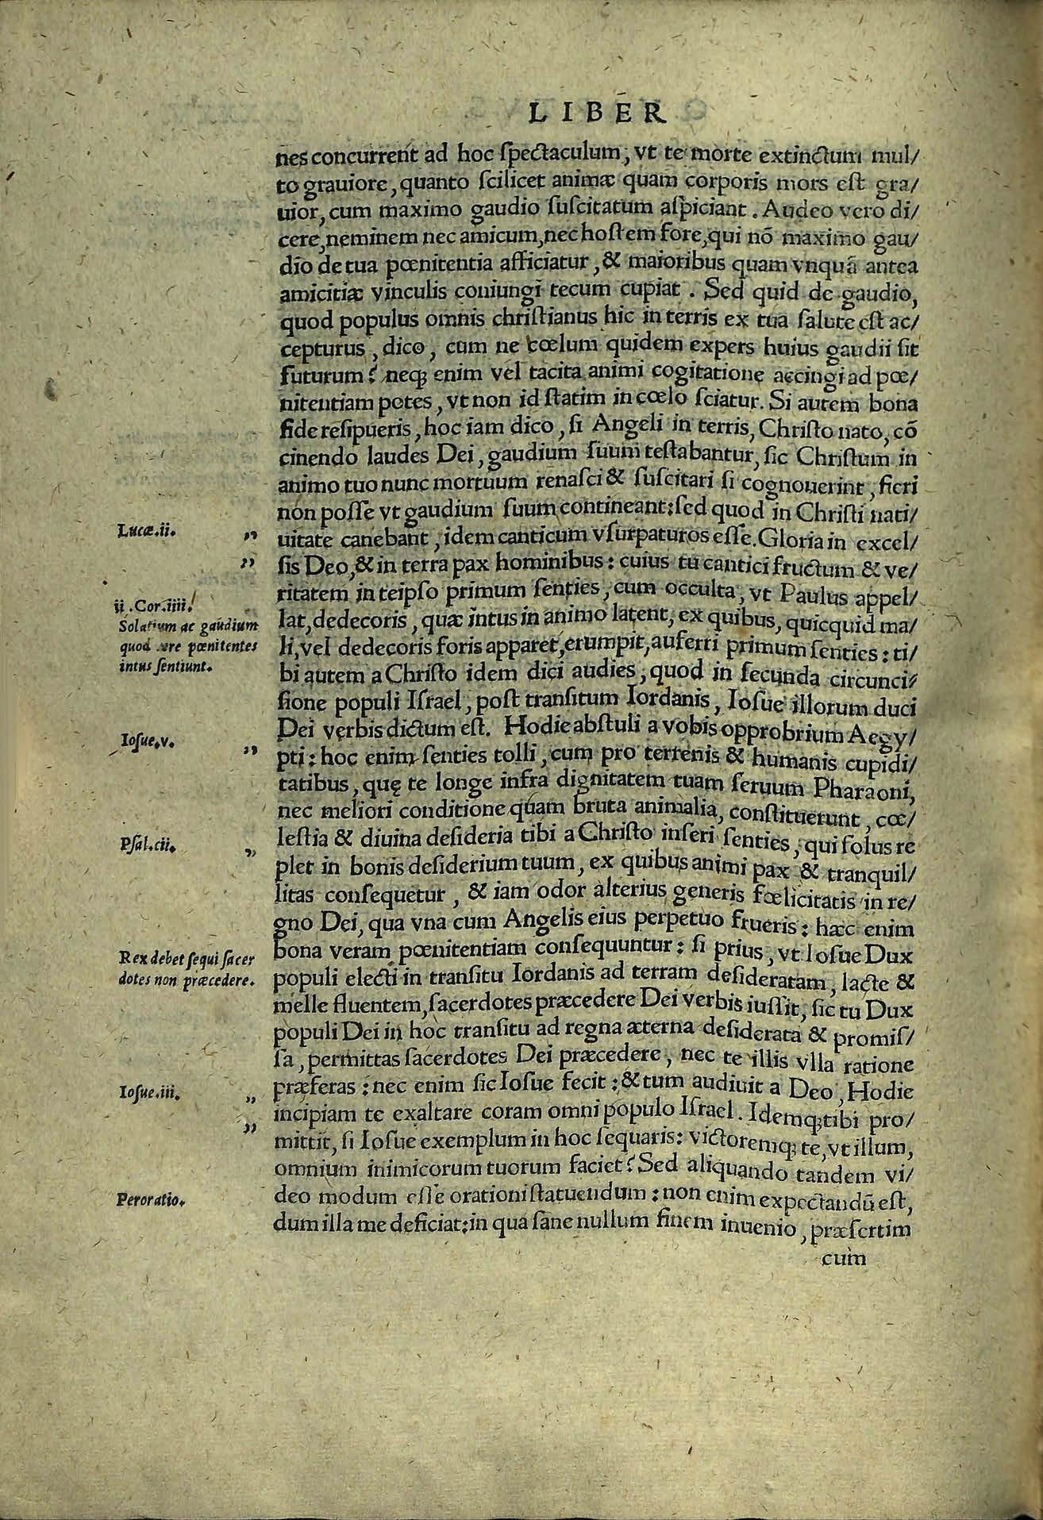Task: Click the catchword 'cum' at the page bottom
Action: [x=845, y=1257]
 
